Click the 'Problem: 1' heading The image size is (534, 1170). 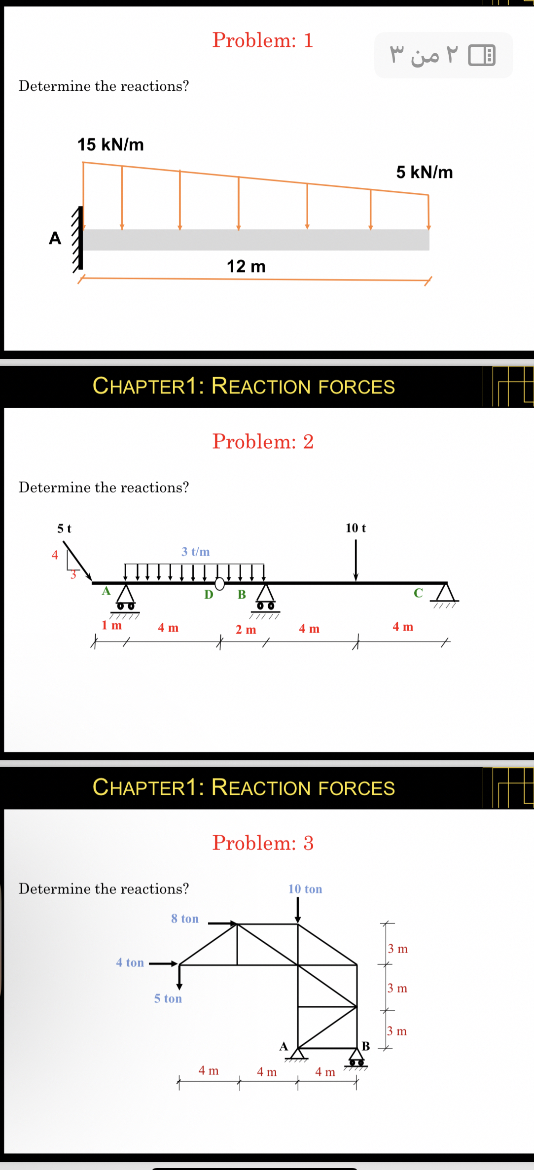point(262,40)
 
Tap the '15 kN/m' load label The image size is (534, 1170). point(110,145)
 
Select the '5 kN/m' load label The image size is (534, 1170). point(424,173)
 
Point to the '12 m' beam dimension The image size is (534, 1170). point(246,267)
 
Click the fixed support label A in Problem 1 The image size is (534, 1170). point(55,239)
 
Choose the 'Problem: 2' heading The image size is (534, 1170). point(263,442)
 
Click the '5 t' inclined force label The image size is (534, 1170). point(64,529)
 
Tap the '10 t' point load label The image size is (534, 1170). point(356,528)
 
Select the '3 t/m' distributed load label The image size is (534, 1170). point(195,552)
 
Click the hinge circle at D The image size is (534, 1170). point(220,584)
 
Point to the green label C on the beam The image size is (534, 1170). point(418,593)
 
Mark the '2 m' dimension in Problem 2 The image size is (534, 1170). point(246,630)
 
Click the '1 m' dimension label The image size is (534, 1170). point(111,626)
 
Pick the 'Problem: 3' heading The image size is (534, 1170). point(263,843)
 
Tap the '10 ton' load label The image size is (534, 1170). point(305,889)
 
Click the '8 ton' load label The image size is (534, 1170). point(185,919)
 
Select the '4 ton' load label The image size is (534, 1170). point(130,962)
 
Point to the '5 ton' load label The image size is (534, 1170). point(168,998)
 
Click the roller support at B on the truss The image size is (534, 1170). point(356,1057)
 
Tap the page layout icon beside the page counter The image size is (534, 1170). point(482,55)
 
